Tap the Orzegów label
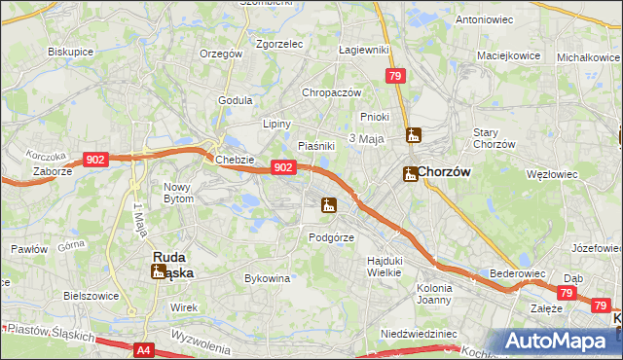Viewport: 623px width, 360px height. click(x=220, y=54)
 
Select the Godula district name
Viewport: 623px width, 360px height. click(x=236, y=99)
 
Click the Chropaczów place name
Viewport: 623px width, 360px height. click(x=332, y=92)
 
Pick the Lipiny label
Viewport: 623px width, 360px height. click(x=277, y=124)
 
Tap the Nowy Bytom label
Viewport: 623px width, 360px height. click(x=179, y=192)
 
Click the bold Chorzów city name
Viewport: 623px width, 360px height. click(x=446, y=172)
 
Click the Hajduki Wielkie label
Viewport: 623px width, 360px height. click(x=385, y=267)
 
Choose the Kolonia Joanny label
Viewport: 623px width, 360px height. click(x=434, y=294)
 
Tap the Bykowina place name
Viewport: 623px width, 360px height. click(x=267, y=278)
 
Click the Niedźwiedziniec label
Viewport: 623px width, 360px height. click(x=419, y=333)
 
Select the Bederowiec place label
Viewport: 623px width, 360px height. click(x=515, y=274)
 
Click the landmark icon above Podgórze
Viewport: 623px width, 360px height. click(x=329, y=205)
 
